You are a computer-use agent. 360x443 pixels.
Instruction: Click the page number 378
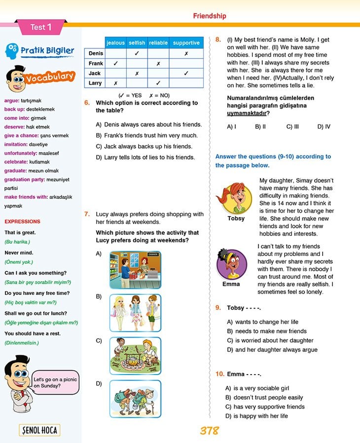(x=209, y=431)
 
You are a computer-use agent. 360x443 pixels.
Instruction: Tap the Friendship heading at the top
(x=210, y=16)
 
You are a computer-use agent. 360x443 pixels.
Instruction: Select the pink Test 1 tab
(x=40, y=27)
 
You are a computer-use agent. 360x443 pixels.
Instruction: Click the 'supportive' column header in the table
(x=186, y=43)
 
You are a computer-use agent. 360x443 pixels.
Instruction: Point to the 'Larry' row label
(x=95, y=83)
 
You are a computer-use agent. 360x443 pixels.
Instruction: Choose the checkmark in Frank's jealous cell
(x=115, y=63)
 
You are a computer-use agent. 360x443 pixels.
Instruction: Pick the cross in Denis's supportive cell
(x=186, y=53)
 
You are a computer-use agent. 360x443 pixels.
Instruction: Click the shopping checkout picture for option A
(x=135, y=270)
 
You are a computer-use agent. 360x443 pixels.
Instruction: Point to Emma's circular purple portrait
(x=231, y=264)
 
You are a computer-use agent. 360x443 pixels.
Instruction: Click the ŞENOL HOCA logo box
(x=39, y=430)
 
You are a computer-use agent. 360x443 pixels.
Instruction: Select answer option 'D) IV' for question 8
(x=324, y=127)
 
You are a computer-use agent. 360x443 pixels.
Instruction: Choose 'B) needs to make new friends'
(x=267, y=331)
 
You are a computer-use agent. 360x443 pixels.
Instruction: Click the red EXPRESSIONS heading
(x=22, y=221)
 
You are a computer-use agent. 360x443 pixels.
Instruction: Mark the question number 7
(x=87, y=214)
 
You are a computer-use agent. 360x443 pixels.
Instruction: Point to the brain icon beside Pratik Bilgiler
(x=13, y=51)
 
